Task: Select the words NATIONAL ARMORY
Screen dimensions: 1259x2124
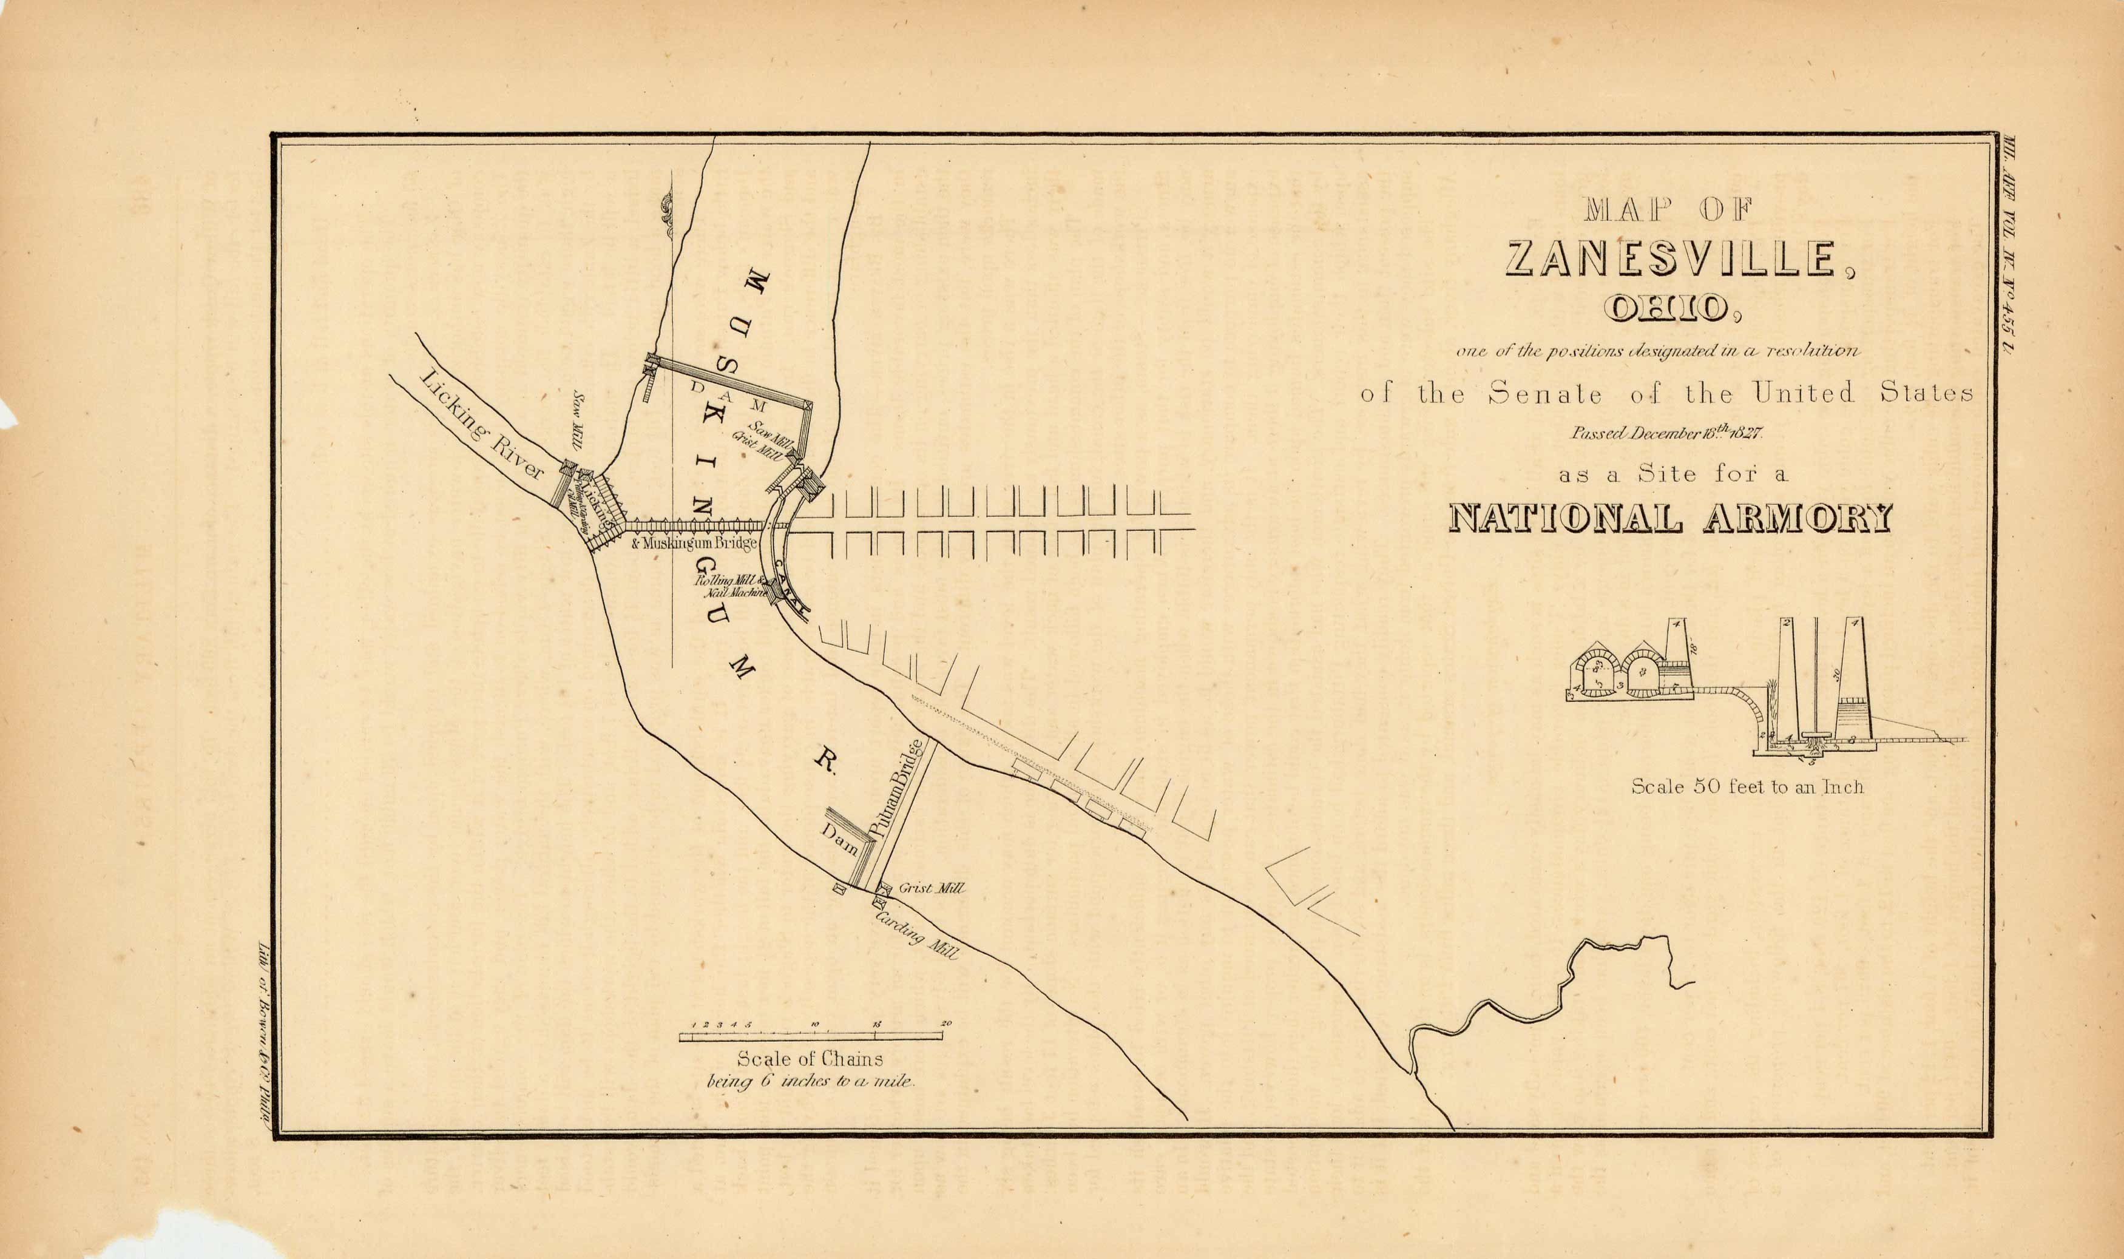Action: click(x=1670, y=518)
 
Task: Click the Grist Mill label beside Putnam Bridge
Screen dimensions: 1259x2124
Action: click(x=931, y=888)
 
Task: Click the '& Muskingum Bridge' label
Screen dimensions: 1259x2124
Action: click(x=694, y=543)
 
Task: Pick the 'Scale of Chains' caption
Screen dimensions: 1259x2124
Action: click(x=810, y=1059)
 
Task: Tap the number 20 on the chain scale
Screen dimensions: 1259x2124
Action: click(x=945, y=1024)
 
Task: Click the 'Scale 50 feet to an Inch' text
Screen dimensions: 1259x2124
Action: click(x=1747, y=788)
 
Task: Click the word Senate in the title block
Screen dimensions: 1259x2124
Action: click(x=1544, y=394)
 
